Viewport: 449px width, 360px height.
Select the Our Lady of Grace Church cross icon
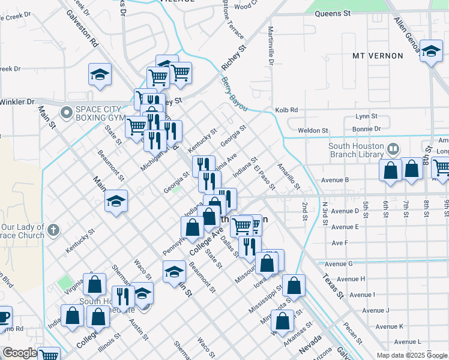53,229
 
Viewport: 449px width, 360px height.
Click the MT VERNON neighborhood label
378,56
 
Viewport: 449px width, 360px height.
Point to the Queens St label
332,13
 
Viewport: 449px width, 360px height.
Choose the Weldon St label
313,130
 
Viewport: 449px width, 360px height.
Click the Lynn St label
366,116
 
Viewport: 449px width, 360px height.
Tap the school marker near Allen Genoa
431,52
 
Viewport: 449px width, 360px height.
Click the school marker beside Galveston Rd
100,75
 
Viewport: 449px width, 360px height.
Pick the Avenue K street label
389,326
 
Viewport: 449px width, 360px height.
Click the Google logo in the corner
20,353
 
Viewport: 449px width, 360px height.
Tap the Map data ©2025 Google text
412,355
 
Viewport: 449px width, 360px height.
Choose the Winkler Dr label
17,102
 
